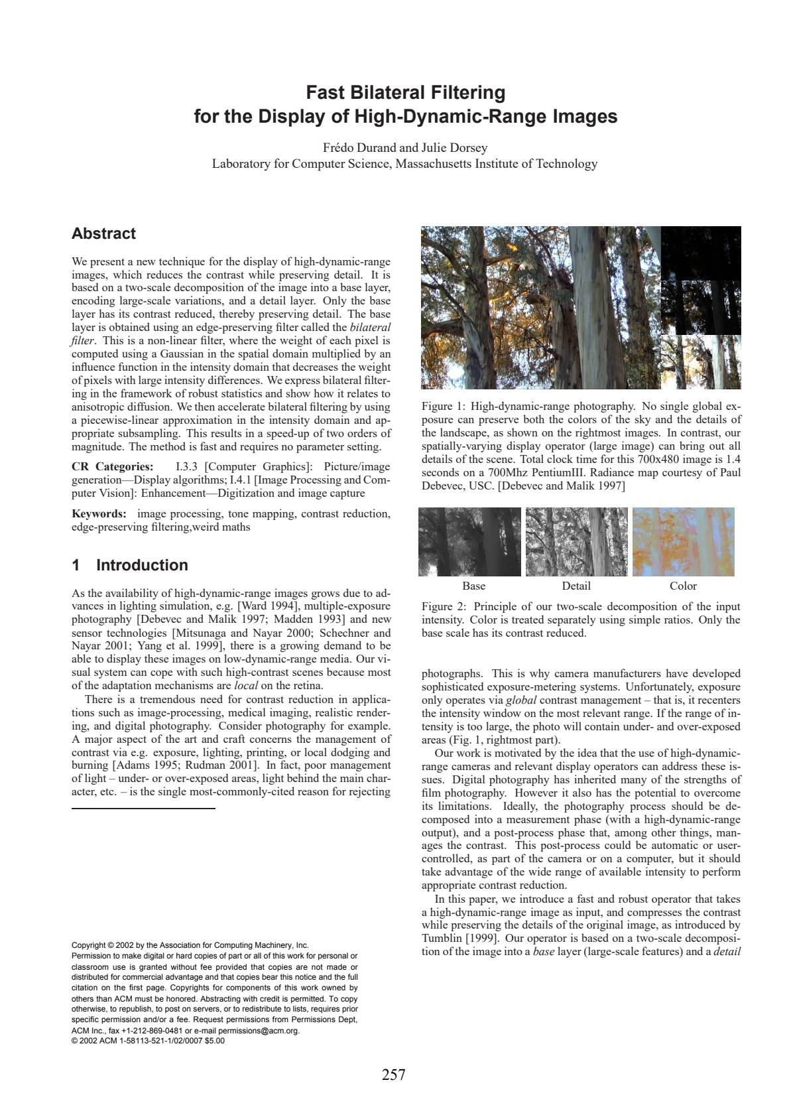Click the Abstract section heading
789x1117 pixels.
pyautogui.click(x=103, y=233)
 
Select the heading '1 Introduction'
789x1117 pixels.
pyautogui.click(x=130, y=565)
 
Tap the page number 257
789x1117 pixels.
pyautogui.click(x=393, y=1075)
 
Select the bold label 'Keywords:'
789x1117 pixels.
pyautogui.click(x=99, y=514)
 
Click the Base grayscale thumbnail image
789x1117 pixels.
pyautogui.click(x=470, y=542)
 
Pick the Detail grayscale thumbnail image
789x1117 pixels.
pyautogui.click(x=576, y=542)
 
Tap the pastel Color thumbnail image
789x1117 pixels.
pyautogui.click(x=683, y=542)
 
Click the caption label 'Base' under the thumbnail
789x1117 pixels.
pyautogui.click(x=473, y=586)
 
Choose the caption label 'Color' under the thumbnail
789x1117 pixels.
pyautogui.click(x=683, y=586)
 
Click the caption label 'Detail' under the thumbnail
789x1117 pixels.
pyautogui.click(x=576, y=586)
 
